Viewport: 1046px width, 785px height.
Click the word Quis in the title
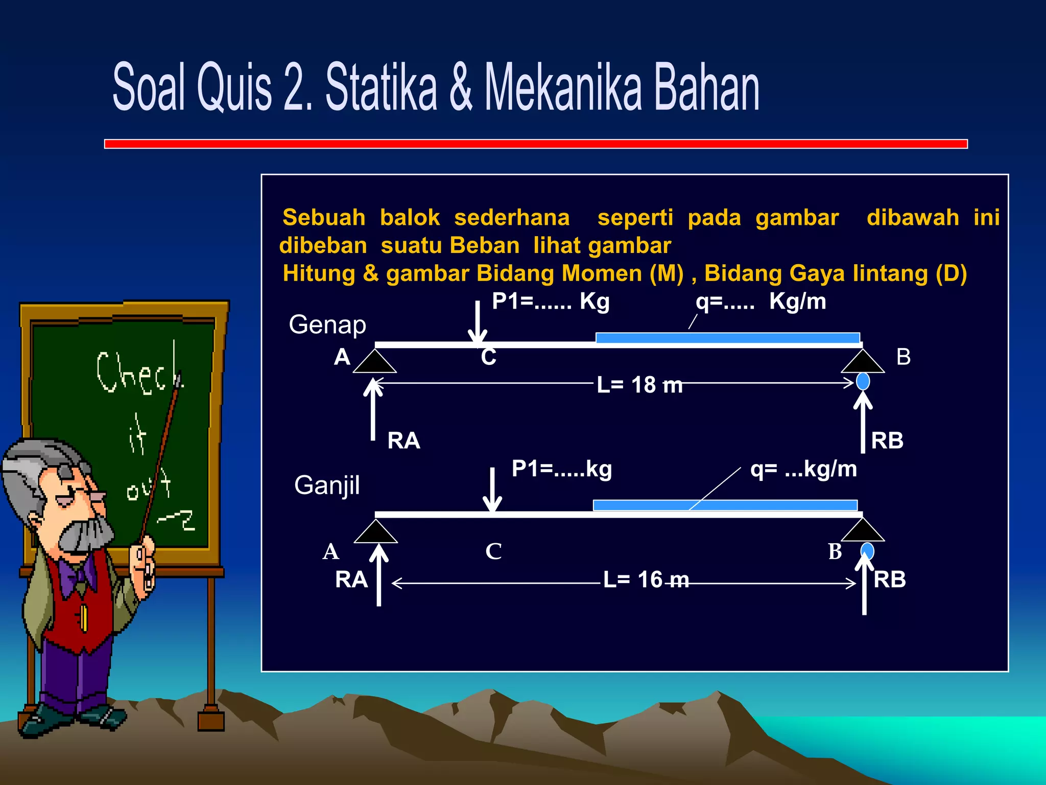[234, 87]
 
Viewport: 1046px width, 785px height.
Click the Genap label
[327, 325]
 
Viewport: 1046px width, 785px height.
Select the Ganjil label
[327, 486]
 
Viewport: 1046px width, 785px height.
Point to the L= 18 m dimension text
[639, 385]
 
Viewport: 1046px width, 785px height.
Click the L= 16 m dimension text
[646, 580]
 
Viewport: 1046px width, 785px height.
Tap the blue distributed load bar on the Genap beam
[727, 338]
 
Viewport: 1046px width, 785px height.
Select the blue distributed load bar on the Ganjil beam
[725, 505]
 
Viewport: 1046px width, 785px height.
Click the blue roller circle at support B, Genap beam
[863, 381]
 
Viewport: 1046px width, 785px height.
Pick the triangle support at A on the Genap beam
[375, 361]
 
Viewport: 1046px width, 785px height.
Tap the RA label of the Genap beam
[403, 441]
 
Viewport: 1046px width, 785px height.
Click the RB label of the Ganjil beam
[890, 580]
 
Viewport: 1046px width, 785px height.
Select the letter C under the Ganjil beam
[493, 551]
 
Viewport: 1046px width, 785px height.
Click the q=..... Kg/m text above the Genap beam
[760, 302]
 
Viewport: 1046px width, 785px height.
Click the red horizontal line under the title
[536, 144]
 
